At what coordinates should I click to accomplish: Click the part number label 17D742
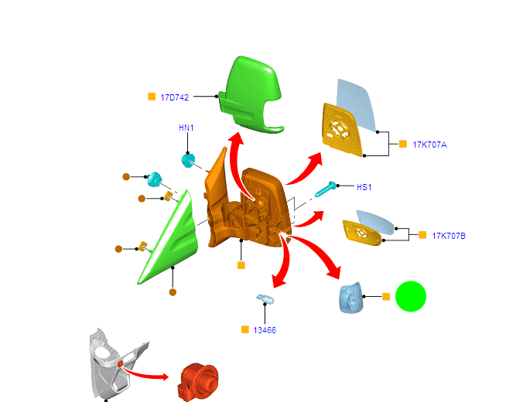(174, 97)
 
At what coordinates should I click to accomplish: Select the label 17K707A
(429, 145)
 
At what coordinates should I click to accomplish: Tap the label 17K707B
(449, 235)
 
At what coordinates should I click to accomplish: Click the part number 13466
(265, 330)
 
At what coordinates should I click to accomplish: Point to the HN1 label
(186, 128)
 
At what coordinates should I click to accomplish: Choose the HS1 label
(364, 187)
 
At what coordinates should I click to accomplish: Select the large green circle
(411, 297)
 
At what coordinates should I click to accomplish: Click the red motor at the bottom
(199, 381)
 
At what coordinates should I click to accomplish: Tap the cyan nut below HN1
(188, 161)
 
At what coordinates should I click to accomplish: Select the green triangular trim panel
(171, 240)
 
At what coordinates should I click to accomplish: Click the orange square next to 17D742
(152, 97)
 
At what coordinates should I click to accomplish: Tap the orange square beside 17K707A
(402, 144)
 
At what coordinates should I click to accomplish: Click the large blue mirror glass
(356, 104)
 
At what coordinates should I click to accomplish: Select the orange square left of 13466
(245, 330)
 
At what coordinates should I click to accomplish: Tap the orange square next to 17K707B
(422, 234)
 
